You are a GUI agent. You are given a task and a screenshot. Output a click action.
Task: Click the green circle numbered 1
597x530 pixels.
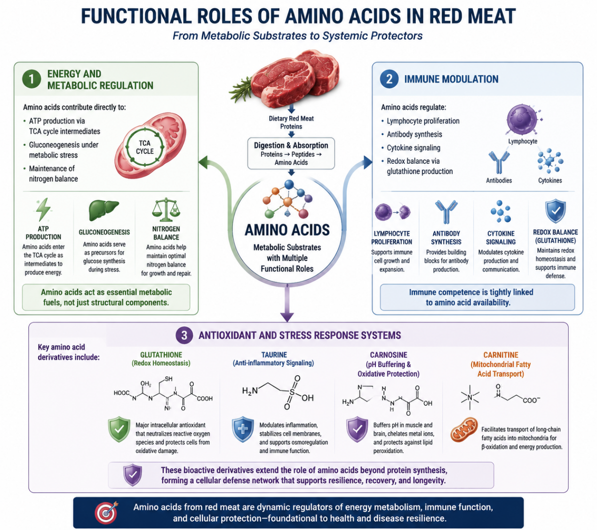point(32,79)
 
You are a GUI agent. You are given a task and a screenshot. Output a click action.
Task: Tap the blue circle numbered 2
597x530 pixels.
point(389,79)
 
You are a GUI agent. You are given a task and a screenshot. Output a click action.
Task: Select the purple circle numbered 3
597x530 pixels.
point(184,336)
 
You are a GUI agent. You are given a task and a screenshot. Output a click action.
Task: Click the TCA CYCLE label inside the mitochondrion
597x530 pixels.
point(145,147)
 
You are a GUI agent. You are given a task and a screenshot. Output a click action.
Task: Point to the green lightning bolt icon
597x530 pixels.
point(43,209)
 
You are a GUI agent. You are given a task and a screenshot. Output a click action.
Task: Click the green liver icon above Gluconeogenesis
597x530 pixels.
point(103,210)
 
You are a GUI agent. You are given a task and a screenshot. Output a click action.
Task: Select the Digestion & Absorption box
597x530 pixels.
point(291,153)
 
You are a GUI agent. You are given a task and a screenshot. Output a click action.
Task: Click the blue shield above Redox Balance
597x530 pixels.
point(556,211)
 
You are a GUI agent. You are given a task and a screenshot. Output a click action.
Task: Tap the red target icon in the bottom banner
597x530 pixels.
point(106,513)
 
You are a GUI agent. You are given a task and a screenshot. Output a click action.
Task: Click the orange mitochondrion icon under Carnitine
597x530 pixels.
point(464,430)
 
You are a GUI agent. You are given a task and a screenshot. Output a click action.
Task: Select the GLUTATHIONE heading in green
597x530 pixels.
point(161,355)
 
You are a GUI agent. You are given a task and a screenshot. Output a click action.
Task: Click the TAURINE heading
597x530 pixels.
point(274,355)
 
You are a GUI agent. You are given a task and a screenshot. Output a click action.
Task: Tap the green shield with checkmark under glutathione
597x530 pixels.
point(119,429)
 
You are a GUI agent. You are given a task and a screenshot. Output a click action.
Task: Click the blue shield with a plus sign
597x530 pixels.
point(243,429)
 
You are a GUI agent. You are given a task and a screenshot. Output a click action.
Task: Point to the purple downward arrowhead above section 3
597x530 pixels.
point(287,317)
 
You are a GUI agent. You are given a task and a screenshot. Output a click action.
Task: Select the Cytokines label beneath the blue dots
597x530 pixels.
point(550,180)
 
